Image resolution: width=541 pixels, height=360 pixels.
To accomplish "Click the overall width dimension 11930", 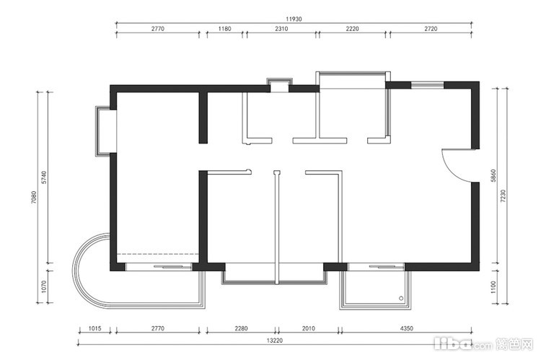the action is pos(294,19).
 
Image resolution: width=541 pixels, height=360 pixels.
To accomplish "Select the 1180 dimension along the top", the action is pos(224,29).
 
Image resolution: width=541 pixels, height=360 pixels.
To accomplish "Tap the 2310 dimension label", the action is pos(281,29).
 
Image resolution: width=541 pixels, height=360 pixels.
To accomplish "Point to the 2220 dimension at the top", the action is pos(352,29).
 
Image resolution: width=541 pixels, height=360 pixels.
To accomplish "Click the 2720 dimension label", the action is pos(431,29).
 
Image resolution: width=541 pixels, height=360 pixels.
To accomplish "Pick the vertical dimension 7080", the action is pos(33,197).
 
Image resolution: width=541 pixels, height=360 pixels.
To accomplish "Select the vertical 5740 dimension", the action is pos(43,177).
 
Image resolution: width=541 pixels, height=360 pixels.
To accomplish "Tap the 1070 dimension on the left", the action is pos(43,286).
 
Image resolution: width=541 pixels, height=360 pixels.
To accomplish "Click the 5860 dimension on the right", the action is pos(493,176).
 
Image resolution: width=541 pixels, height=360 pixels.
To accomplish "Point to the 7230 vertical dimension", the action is pos(503,196).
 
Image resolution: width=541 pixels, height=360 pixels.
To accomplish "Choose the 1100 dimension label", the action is pos(493,287).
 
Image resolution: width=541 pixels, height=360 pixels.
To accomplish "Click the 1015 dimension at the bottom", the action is pos(95,328).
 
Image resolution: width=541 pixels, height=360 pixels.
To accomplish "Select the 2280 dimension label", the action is pos(241,328).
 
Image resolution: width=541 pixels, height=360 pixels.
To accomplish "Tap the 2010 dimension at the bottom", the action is pos(309,328).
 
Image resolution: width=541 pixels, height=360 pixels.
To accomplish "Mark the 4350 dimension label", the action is pos(406,328).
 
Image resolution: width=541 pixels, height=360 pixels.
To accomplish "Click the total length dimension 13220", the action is pos(275,341).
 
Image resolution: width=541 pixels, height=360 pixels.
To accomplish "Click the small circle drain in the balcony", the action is pos(401,298).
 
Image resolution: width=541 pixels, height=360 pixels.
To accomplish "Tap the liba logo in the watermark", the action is pos(452,343).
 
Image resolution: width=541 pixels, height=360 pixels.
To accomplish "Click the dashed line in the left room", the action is pos(158,254).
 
